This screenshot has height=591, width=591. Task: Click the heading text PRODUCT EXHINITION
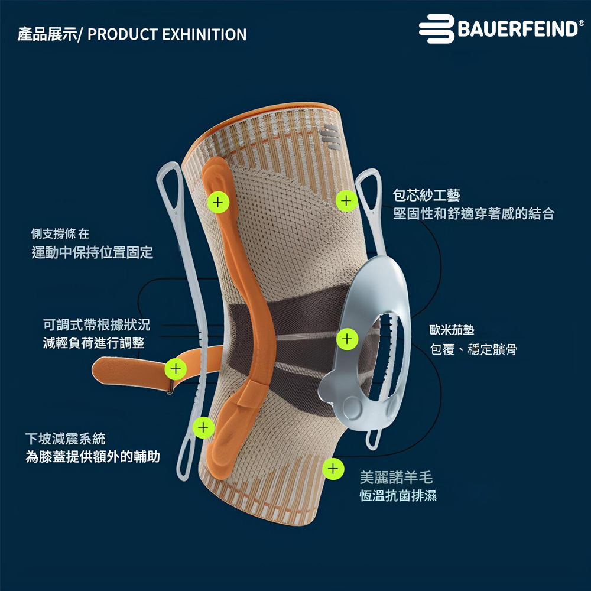[167, 34]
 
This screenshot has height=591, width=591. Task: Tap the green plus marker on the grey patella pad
[347, 339]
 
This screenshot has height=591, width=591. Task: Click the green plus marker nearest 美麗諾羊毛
[333, 469]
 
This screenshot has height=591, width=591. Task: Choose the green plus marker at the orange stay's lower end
[203, 426]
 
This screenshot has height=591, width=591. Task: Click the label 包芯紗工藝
[427, 195]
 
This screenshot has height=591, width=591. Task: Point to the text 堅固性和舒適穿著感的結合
[474, 214]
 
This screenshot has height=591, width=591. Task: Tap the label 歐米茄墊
[452, 330]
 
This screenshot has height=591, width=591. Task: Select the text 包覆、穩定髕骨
[474, 350]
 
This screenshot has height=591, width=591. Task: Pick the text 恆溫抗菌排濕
[398, 496]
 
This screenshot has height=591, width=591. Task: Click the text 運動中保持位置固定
[92, 253]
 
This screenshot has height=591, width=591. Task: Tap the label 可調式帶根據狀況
[97, 324]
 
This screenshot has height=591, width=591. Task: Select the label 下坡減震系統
[65, 439]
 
